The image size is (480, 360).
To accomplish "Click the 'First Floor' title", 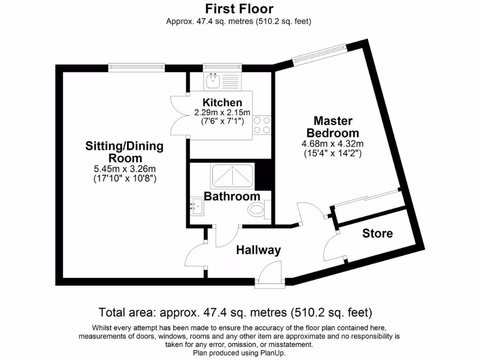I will (239, 8).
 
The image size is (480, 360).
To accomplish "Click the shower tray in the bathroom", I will (232, 175).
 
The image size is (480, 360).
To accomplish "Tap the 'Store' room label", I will (377, 233).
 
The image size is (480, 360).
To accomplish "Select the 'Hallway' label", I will (258, 250).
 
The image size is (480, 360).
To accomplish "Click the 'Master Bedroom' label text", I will (336, 127).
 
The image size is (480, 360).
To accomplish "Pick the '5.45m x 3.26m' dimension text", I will (125, 169).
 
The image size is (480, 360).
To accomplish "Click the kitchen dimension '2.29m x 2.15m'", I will (222, 112).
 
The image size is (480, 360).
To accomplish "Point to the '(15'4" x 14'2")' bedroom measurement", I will (333, 153).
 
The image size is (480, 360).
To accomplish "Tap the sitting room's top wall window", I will (136, 68).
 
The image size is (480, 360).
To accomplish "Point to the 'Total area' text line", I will (235, 312).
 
